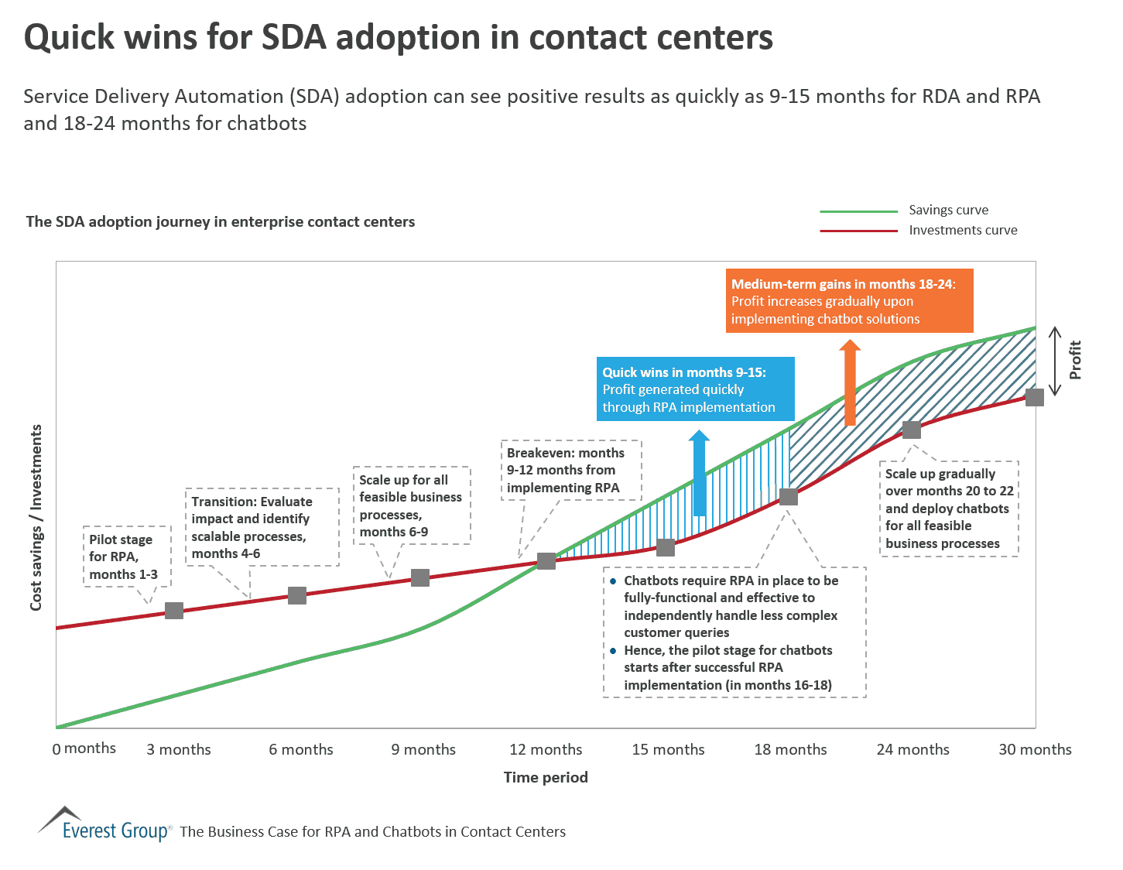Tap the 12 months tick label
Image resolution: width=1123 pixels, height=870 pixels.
tap(546, 749)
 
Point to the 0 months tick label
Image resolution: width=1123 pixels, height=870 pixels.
tap(84, 748)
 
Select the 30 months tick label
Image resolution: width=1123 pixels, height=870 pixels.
tap(1035, 749)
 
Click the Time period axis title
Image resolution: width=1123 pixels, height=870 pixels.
tap(546, 777)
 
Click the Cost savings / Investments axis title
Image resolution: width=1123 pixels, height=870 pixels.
tap(36, 517)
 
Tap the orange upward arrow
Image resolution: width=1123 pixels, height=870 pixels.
tap(850, 382)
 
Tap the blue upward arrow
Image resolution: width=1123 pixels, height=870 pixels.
tap(699, 473)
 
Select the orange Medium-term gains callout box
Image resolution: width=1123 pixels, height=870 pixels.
tap(849, 301)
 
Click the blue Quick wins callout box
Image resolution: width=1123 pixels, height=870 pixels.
tap(695, 389)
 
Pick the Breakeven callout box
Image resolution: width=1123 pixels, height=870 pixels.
tap(572, 471)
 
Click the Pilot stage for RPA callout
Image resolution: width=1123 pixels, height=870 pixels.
tap(126, 557)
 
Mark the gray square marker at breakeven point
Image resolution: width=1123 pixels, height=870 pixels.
tap(546, 560)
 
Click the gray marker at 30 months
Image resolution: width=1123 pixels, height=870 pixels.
tap(1035, 397)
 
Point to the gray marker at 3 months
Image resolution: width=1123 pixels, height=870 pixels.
tap(174, 611)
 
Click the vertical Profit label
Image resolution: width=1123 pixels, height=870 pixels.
tap(1075, 360)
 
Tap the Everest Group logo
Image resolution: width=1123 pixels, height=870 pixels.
tap(104, 825)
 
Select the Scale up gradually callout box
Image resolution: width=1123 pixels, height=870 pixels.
tap(949, 509)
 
